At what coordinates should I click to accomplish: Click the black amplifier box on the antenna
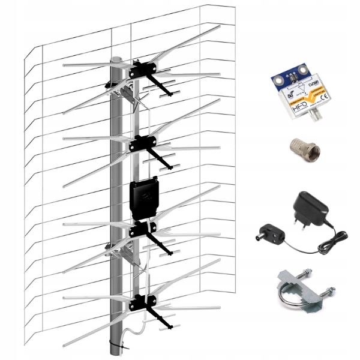coord(144,196)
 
